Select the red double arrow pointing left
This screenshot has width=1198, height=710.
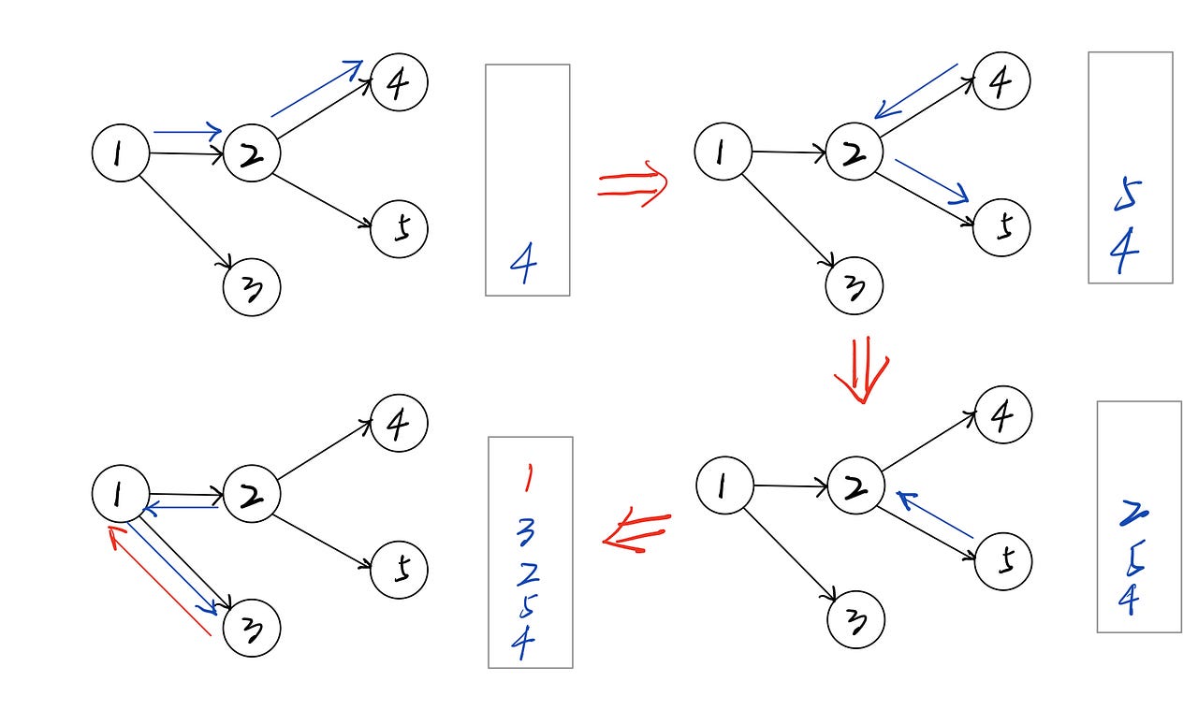pos(636,532)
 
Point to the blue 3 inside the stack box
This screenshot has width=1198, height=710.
pos(526,533)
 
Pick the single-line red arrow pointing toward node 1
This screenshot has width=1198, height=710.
pos(159,580)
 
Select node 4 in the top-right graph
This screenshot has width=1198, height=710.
pos(1001,81)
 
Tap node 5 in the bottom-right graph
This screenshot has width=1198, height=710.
pos(1003,562)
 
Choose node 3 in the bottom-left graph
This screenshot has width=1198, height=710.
pos(252,628)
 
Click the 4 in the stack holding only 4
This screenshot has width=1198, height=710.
pos(524,266)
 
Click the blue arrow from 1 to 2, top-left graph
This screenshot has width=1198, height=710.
pos(188,132)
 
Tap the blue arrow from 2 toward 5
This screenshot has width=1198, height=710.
pos(931,181)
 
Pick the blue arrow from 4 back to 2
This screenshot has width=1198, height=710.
pos(916,92)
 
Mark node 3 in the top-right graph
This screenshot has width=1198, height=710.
pos(854,286)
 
